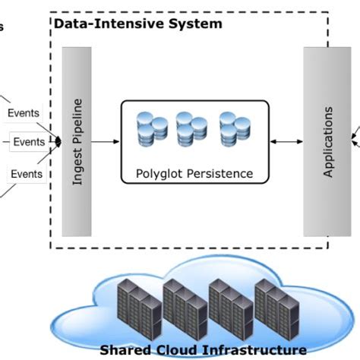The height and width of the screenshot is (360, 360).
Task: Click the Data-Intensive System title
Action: pyautogui.click(x=138, y=24)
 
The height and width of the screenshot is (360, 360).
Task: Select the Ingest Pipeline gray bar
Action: pyautogui.click(x=76, y=141)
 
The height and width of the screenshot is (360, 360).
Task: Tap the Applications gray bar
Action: pyautogui.click(x=327, y=141)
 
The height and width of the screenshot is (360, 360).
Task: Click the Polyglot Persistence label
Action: pyautogui.click(x=194, y=173)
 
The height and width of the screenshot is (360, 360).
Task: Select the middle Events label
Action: pyautogui.click(x=28, y=141)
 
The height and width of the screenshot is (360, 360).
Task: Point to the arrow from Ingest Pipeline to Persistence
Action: pyautogui.click(x=106, y=141)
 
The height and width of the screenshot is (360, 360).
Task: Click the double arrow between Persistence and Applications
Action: pyautogui.click(x=287, y=141)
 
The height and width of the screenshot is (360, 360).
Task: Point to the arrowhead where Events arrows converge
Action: pyautogui.click(x=58, y=141)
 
